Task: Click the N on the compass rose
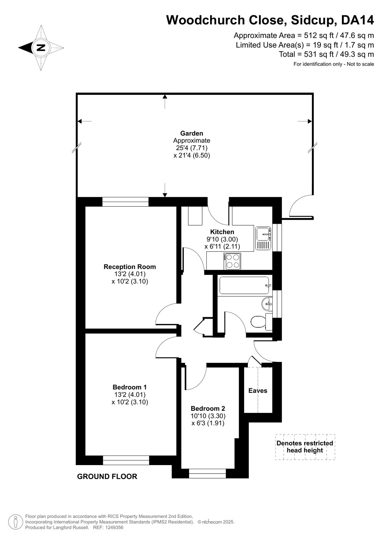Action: coord(41,47)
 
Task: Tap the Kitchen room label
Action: coord(222,232)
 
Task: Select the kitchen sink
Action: coord(263,238)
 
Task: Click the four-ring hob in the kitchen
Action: coord(232,261)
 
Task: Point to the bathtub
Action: coord(244,285)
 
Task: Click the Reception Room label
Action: coord(130,267)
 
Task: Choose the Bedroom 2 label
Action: coord(208,408)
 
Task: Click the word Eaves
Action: coord(258,390)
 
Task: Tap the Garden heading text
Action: coord(191,133)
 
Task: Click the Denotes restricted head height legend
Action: coord(305,447)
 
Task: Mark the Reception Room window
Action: coord(125,202)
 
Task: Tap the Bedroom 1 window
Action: coord(126,460)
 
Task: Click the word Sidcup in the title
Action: coord(314,20)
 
